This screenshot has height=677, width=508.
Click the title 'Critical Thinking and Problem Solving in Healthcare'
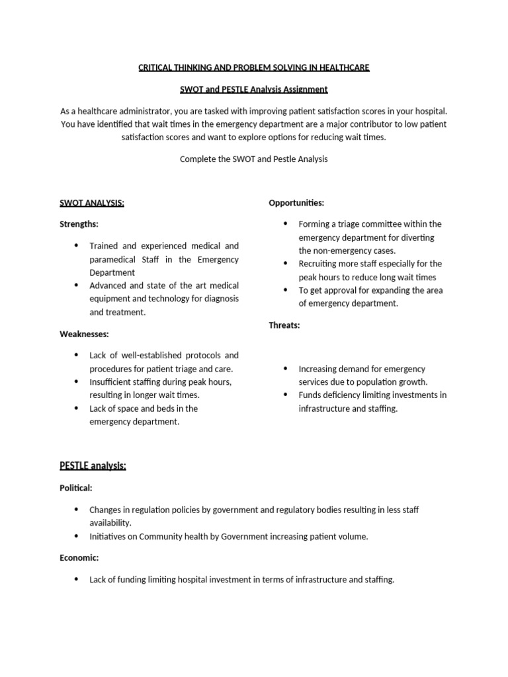tap(254, 67)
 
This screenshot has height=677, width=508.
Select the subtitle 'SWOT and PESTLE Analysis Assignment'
tap(254, 89)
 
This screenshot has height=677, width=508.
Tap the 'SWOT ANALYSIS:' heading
tap(92, 203)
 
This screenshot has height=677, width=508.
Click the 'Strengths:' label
tap(79, 224)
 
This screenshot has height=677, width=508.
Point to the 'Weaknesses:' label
tap(84, 334)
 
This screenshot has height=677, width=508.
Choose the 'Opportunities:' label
tap(296, 203)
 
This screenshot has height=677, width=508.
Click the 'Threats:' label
tap(284, 325)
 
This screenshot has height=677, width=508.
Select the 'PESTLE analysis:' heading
tap(93, 466)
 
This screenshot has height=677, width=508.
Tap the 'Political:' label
tap(76, 488)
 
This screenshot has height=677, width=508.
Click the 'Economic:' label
tap(79, 558)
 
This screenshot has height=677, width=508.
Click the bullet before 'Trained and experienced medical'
tap(76, 246)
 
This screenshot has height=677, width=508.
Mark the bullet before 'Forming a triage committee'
tap(285, 224)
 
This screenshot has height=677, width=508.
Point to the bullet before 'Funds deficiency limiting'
tap(285, 395)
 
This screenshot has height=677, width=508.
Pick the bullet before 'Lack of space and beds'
tap(76, 408)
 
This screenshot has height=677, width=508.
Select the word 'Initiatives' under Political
tap(109, 536)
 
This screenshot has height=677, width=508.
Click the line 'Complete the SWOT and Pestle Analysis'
tap(254, 159)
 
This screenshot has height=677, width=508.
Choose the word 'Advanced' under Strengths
tap(108, 286)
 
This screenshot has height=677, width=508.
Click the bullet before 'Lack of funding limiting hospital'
tap(76, 580)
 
